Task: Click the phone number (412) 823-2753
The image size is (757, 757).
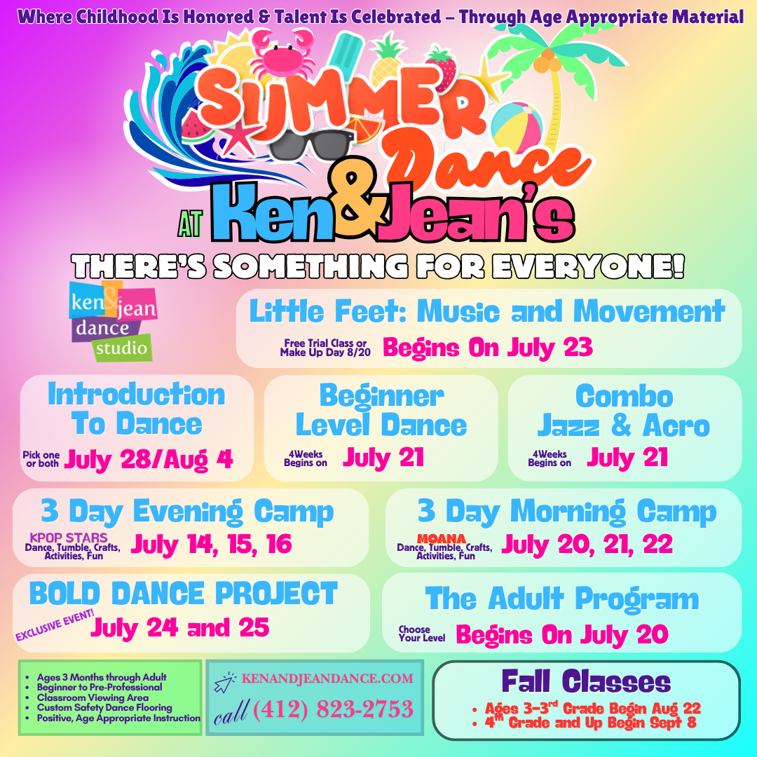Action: (x=333, y=709)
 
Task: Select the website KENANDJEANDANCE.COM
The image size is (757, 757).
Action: (x=327, y=678)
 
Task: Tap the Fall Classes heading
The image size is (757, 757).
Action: (x=586, y=681)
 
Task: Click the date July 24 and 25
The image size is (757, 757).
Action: (x=179, y=627)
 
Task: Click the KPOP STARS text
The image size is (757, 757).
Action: (x=69, y=538)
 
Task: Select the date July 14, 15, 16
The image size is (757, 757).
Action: (x=211, y=545)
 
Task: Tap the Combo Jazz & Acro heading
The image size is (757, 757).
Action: (x=624, y=411)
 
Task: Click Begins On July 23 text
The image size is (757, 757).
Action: (x=487, y=347)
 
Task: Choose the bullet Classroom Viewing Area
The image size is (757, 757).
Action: (x=93, y=697)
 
